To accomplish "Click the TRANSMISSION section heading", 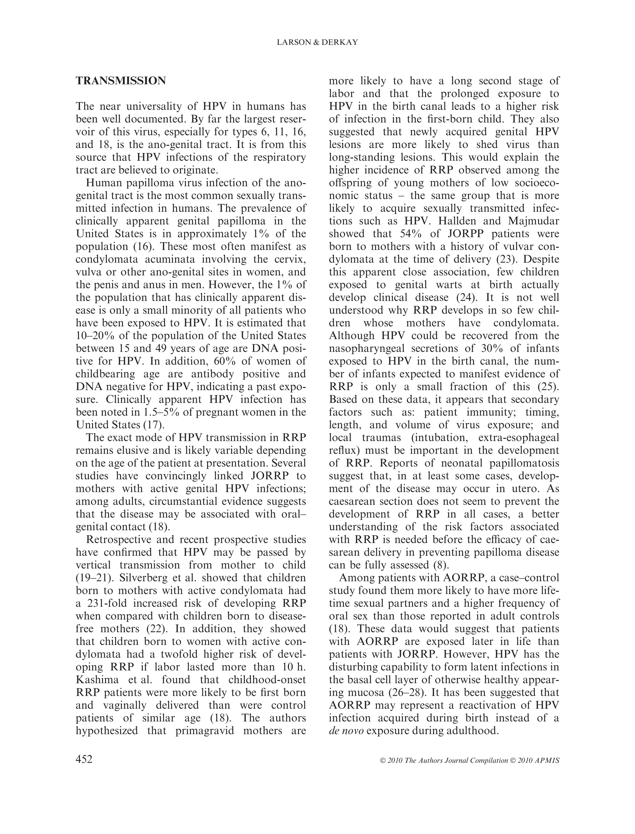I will point(121,81).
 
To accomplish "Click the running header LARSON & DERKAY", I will point(317,43).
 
